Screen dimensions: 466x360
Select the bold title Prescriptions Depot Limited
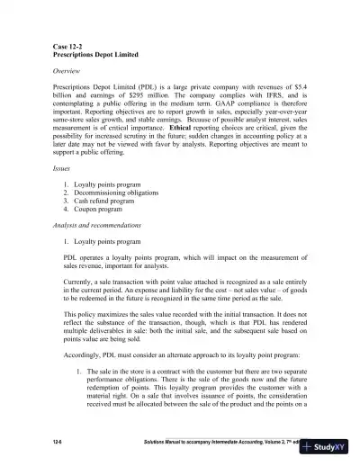point(85,54)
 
